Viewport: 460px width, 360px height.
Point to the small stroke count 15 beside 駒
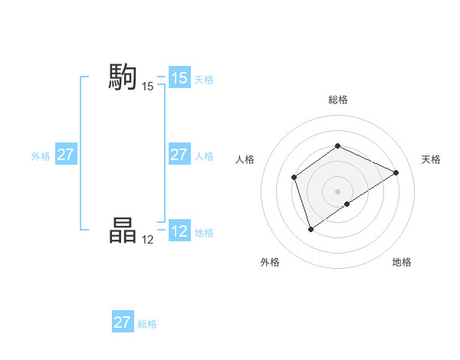point(148,87)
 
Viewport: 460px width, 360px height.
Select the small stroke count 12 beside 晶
point(148,240)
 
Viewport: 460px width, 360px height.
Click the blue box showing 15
point(179,78)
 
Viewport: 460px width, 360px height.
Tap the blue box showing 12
point(179,231)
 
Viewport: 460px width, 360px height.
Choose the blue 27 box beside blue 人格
point(179,155)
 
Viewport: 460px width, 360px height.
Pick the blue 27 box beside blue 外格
point(65,155)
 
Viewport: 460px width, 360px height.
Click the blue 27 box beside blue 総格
point(123,322)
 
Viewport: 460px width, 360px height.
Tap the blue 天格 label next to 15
point(204,79)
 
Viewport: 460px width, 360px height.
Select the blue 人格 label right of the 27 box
point(204,156)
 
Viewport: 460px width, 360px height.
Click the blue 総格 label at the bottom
point(147,324)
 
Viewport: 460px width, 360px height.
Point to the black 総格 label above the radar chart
point(337,100)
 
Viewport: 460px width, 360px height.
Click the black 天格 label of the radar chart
point(431,159)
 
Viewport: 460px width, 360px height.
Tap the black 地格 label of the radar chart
point(402,262)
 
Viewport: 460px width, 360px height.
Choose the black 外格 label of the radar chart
point(270,262)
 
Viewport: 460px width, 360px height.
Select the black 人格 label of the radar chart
point(245,159)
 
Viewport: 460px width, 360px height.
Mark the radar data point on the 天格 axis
point(396,172)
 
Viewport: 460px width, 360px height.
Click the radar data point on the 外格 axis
point(310,228)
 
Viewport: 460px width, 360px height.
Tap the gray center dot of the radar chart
point(337,191)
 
